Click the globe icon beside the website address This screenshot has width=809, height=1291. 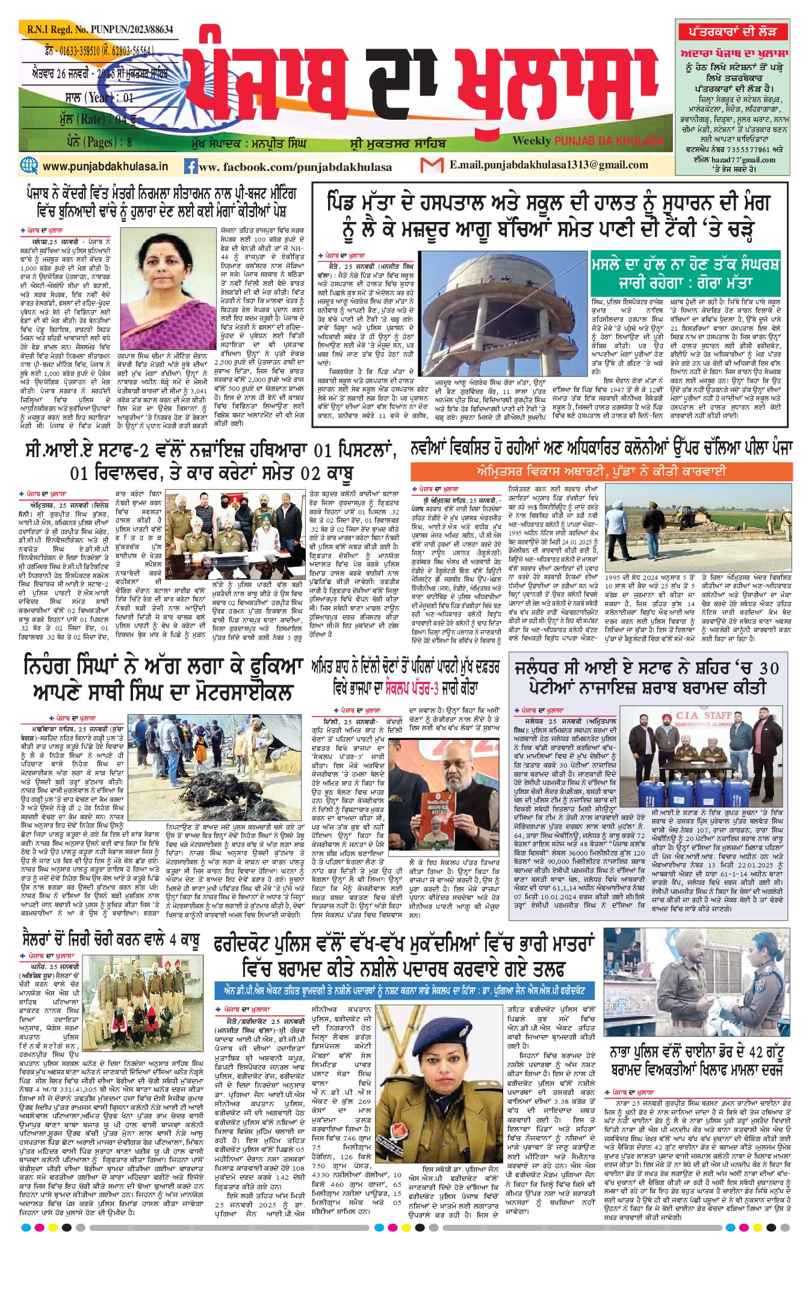pos(29,165)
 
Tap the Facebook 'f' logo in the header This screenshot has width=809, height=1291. pos(191,166)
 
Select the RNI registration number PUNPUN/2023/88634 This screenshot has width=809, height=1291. pos(96,29)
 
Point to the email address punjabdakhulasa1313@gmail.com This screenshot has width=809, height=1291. pos(548,165)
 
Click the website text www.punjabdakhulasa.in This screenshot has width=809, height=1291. pos(105,166)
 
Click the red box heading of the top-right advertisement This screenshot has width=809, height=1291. pos(732,31)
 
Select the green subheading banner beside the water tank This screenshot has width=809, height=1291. pos(685,273)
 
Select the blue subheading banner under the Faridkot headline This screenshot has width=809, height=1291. pos(404,991)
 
